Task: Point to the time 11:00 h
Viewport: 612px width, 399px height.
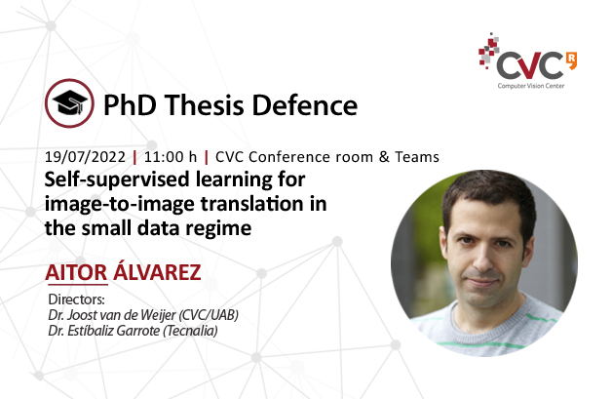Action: click(x=172, y=157)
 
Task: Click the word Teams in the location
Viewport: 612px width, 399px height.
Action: click(x=416, y=157)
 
